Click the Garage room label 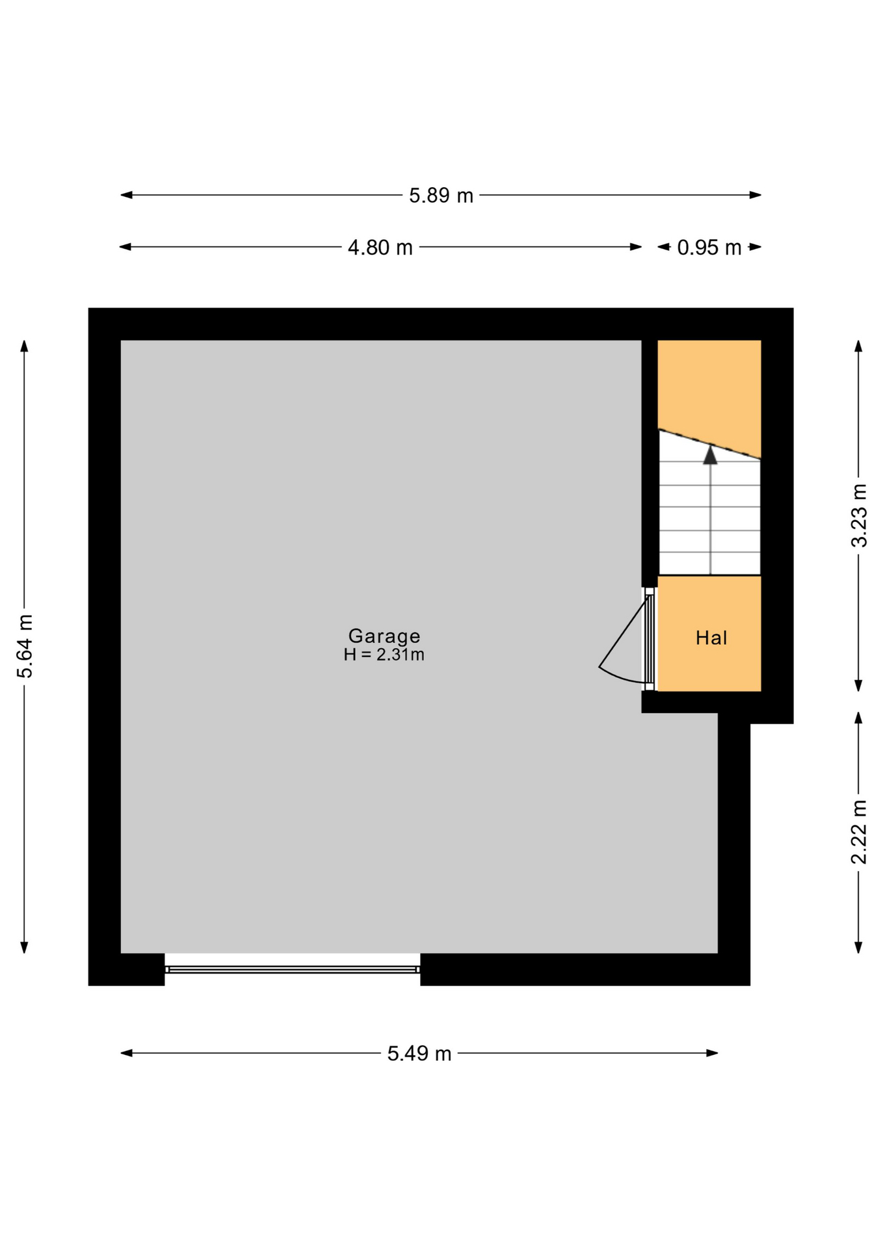click(x=384, y=636)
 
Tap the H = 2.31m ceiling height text click(x=384, y=655)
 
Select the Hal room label click(x=711, y=638)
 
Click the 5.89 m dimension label click(x=441, y=195)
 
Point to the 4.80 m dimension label click(x=380, y=247)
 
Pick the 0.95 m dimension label click(x=709, y=247)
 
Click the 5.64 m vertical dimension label click(x=25, y=646)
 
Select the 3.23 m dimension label click(x=859, y=515)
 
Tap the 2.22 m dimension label click(x=859, y=832)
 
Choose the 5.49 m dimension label click(x=419, y=1053)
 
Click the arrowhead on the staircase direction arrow click(x=710, y=454)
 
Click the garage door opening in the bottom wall click(x=292, y=969)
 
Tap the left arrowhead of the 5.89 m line click(x=126, y=195)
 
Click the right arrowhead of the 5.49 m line click(x=712, y=1053)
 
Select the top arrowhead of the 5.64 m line click(x=25, y=346)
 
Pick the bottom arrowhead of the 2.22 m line click(x=858, y=948)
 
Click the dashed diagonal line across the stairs click(x=709, y=445)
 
